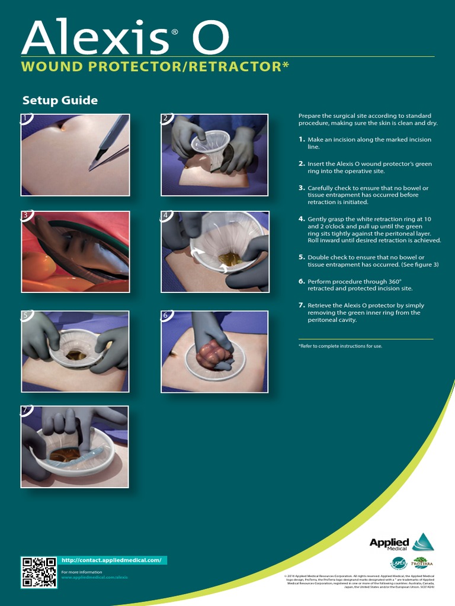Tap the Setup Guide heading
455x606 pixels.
click(60, 101)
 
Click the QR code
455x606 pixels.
click(39, 572)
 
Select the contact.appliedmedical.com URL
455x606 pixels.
click(111, 560)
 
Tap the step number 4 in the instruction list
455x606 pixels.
click(302, 219)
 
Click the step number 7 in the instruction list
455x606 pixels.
click(302, 305)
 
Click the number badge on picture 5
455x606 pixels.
click(25, 315)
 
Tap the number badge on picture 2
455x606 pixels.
click(165, 118)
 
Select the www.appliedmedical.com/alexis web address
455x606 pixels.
click(95, 577)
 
